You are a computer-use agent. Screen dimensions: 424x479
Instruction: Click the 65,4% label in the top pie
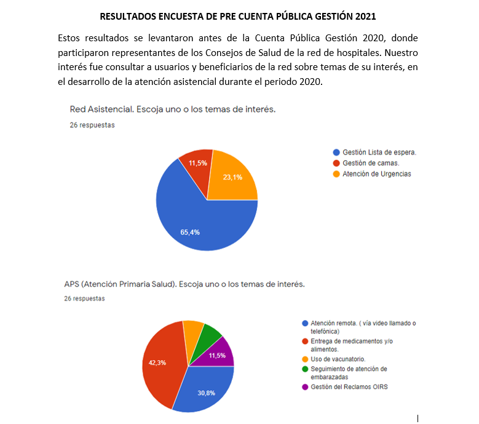click(190, 232)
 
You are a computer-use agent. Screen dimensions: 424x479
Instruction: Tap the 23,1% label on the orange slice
click(232, 177)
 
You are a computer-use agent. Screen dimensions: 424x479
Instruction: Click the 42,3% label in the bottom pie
click(157, 362)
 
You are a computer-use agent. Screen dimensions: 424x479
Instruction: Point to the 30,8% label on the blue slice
click(206, 393)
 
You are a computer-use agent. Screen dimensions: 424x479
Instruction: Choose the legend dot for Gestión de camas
click(336, 163)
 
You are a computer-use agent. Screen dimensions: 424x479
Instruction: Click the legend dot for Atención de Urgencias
click(336, 174)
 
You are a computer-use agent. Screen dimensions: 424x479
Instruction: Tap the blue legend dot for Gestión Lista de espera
click(336, 152)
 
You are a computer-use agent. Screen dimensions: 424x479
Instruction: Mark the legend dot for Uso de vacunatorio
click(305, 359)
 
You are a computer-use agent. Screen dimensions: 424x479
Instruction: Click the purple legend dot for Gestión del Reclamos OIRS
click(305, 387)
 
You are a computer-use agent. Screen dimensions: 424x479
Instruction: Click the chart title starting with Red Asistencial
click(172, 110)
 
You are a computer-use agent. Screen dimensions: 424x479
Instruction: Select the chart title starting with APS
click(184, 284)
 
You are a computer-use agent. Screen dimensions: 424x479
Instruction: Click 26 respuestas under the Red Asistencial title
click(92, 125)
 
